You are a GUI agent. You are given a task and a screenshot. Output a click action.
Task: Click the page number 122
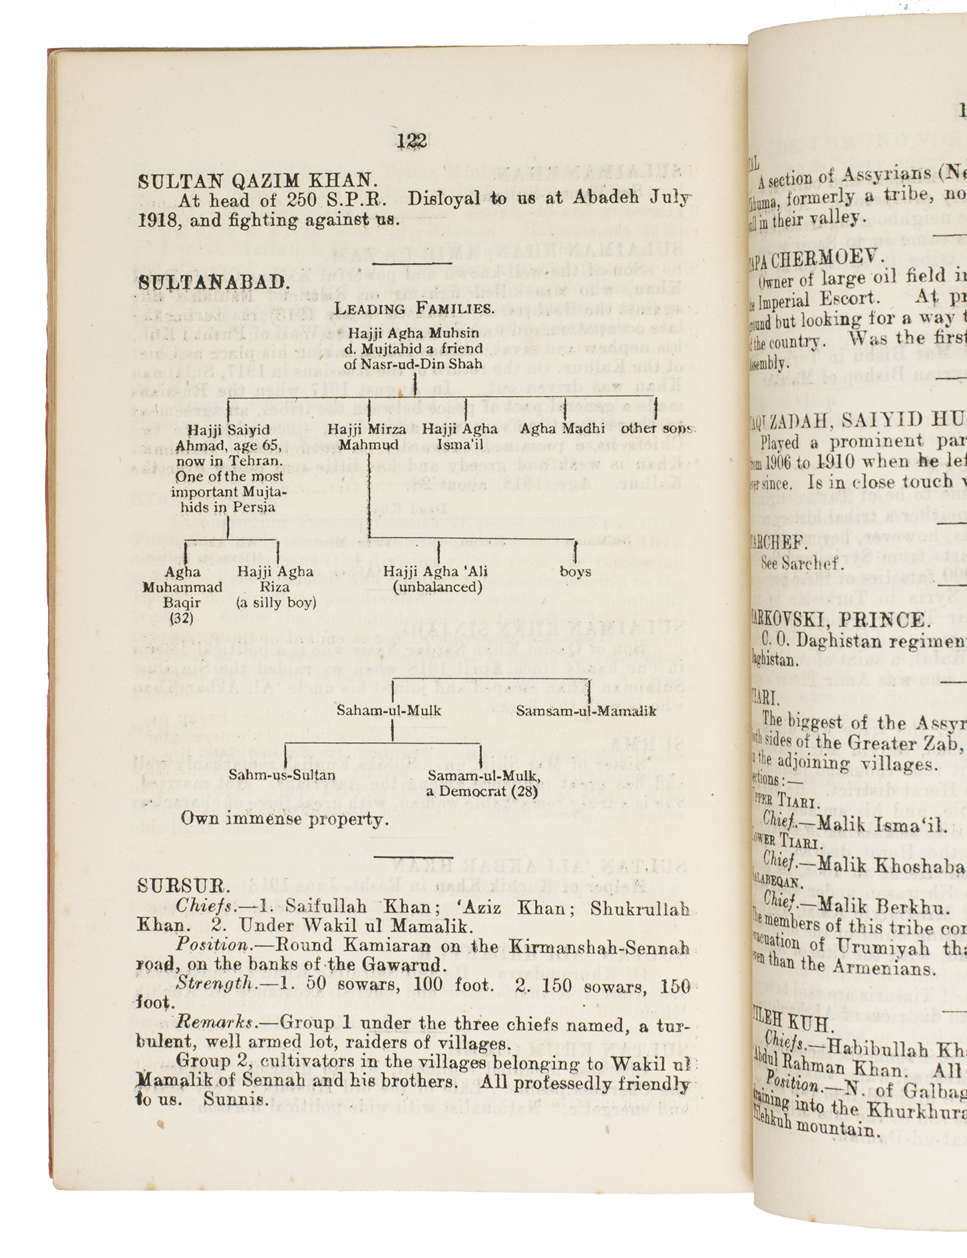coord(412,141)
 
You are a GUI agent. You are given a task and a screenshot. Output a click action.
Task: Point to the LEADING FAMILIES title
coord(414,309)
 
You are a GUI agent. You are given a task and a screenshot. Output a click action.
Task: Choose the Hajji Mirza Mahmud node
coord(367,437)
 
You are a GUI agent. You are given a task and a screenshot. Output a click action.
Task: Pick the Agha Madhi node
coord(562,429)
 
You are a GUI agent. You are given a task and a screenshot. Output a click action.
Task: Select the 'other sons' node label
coord(656,429)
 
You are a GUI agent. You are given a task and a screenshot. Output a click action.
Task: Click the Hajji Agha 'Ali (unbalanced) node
coord(437,579)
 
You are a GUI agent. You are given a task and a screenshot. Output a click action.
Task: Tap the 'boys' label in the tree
coord(575,572)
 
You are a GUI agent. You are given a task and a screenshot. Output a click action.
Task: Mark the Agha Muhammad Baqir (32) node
coord(182,594)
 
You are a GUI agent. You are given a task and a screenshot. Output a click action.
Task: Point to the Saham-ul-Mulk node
coord(389,711)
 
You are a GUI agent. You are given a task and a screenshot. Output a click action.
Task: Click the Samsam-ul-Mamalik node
coord(586,711)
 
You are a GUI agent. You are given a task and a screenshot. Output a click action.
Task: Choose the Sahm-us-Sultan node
coord(282,775)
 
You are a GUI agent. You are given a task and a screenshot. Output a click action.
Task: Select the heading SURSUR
coord(184,886)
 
